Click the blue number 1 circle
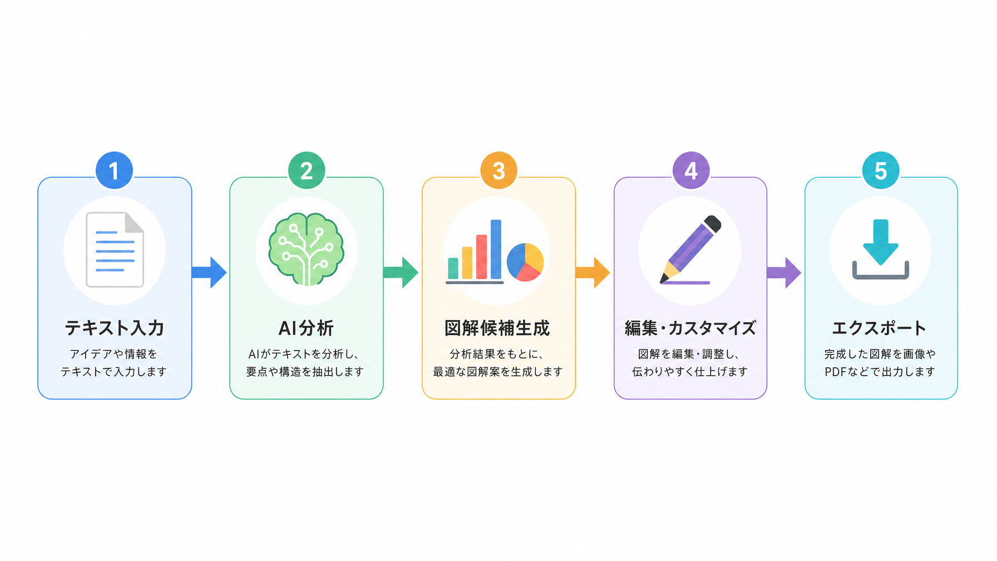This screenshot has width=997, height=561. [x=114, y=170]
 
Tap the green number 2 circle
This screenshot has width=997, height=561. [x=307, y=170]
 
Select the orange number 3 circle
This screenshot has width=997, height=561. [x=498, y=170]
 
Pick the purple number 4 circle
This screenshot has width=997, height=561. [x=691, y=170]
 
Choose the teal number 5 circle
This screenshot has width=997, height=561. [x=881, y=170]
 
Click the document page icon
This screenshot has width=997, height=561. [x=115, y=250]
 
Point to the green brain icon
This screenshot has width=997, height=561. [x=306, y=249]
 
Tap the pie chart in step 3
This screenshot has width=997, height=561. [x=525, y=262]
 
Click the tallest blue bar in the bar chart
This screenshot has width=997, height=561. [x=496, y=249]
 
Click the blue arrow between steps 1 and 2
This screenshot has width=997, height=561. [x=209, y=273]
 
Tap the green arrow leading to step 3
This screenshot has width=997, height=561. [x=401, y=273]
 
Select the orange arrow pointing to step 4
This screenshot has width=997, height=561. [x=593, y=273]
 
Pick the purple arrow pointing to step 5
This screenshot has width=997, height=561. [x=784, y=273]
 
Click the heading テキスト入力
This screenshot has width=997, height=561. [x=115, y=328]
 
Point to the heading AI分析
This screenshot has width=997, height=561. [x=306, y=328]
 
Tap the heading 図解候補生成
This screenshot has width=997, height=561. [x=497, y=328]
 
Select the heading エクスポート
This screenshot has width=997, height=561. [x=880, y=328]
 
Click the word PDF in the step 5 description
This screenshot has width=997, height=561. [x=836, y=372]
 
